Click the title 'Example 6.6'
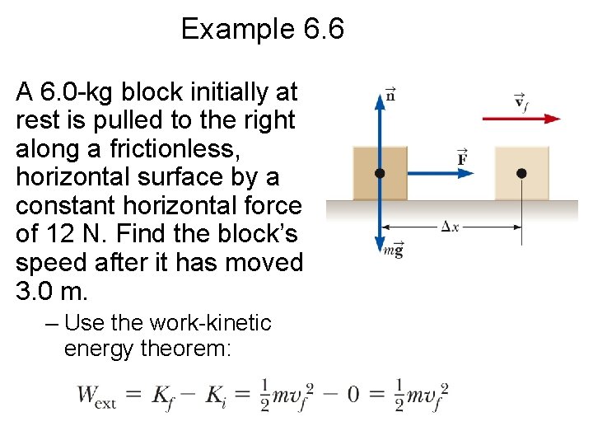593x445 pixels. pyautogui.click(x=262, y=30)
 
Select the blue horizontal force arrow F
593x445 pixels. pyautogui.click(x=428, y=173)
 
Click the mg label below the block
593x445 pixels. pyautogui.click(x=393, y=251)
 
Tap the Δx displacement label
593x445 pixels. pyautogui.click(x=449, y=226)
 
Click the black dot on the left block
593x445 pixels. pyautogui.click(x=380, y=173)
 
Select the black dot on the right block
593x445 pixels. pyautogui.click(x=521, y=173)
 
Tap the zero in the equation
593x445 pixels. pyautogui.click(x=353, y=394)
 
